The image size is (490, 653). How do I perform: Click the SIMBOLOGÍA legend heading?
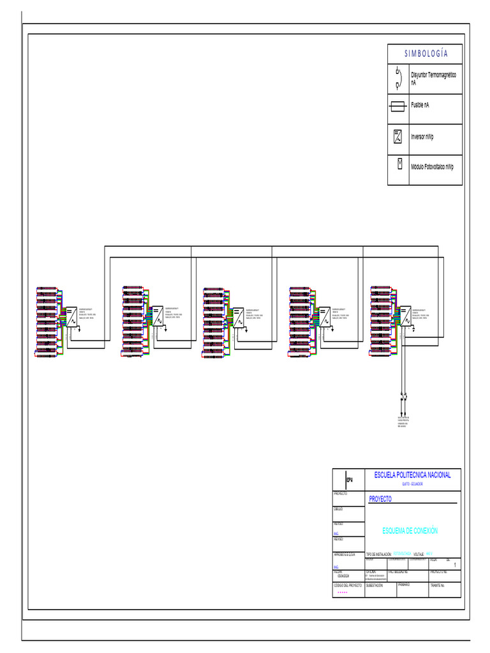click(426, 54)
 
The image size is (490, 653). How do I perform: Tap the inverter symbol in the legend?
click(398, 136)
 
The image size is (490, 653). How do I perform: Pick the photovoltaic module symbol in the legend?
click(399, 164)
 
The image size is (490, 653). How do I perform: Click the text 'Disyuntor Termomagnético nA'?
click(434, 78)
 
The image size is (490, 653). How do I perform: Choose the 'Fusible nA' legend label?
click(420, 105)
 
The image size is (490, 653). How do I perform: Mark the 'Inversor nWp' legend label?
click(422, 136)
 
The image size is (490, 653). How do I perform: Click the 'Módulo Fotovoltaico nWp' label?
click(432, 166)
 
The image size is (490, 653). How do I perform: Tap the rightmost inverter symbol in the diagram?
click(403, 316)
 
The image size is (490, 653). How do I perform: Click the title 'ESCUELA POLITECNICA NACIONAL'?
click(412, 475)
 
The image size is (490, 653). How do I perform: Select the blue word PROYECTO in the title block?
click(380, 499)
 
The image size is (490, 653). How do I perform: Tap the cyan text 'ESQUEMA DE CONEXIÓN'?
click(410, 531)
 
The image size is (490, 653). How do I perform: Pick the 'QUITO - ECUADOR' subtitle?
click(412, 484)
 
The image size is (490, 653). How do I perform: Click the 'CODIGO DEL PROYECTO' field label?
click(348, 585)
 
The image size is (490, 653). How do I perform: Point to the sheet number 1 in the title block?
click(454, 566)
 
